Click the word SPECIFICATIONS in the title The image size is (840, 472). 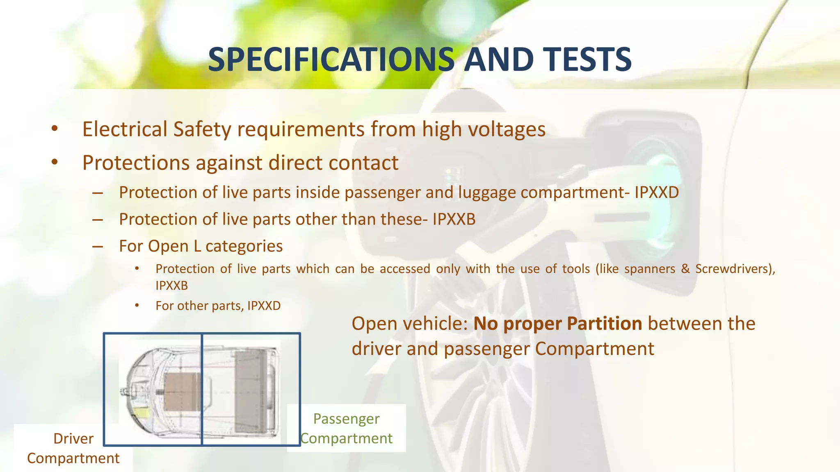[x=331, y=60]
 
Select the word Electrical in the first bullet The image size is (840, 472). [x=125, y=129]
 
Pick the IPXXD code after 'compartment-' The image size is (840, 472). [x=657, y=193]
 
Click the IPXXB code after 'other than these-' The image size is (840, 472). [x=454, y=219]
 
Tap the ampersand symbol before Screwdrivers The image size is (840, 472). [x=685, y=269]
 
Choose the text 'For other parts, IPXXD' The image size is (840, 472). [x=218, y=306]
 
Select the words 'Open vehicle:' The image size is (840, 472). [x=409, y=324]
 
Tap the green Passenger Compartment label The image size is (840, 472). [x=347, y=429]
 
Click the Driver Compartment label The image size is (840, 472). [x=73, y=448]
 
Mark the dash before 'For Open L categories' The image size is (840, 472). [x=98, y=247]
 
